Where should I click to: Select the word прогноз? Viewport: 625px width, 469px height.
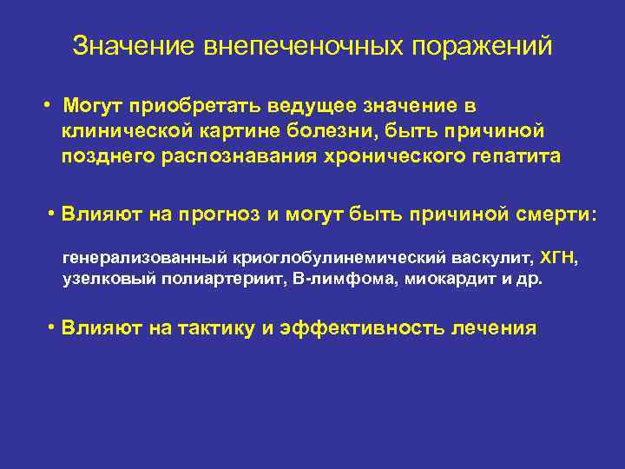[219, 215]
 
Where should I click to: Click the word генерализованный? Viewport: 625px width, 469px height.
[143, 258]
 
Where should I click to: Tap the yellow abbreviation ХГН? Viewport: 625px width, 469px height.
[557, 258]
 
